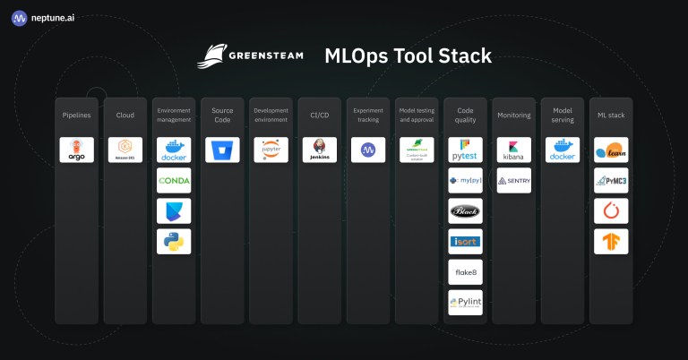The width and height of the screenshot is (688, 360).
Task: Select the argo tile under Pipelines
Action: click(x=76, y=150)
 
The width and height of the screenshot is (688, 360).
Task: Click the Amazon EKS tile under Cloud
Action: click(x=125, y=150)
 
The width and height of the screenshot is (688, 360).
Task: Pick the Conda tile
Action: click(x=173, y=180)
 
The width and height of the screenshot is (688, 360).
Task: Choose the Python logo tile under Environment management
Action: click(x=173, y=241)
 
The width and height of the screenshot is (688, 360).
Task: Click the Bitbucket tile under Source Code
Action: click(x=222, y=150)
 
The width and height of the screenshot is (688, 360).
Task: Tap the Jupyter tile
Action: click(x=271, y=150)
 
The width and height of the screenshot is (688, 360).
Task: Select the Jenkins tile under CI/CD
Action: click(x=319, y=150)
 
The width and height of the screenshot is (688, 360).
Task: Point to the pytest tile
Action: click(x=465, y=150)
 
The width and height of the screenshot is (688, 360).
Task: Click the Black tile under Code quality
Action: click(x=465, y=210)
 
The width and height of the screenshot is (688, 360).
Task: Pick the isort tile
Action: click(x=465, y=241)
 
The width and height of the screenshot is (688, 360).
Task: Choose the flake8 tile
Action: click(x=465, y=271)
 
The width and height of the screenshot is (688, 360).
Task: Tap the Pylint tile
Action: click(x=465, y=302)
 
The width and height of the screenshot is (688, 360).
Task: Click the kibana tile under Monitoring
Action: click(x=513, y=150)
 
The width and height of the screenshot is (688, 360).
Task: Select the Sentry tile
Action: click(x=513, y=180)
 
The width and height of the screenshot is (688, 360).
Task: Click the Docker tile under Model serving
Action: click(x=562, y=150)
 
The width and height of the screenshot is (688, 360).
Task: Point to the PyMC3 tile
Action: click(x=611, y=180)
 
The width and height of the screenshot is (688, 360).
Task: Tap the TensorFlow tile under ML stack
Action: click(x=611, y=241)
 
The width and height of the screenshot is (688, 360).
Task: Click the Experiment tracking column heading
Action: click(x=367, y=115)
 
